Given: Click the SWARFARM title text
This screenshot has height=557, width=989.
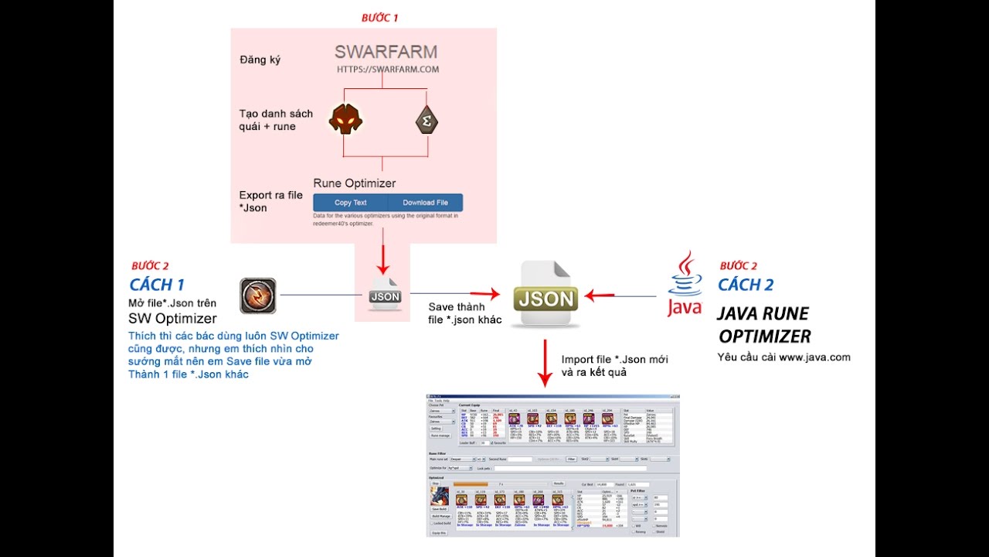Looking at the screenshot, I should [x=386, y=53].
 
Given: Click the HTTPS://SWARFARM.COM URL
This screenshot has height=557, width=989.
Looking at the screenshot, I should [x=387, y=70].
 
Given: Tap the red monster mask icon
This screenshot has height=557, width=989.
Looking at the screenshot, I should [x=345, y=119].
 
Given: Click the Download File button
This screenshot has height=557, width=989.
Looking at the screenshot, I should [x=425, y=203].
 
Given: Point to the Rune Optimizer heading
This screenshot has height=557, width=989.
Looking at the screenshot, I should [x=354, y=183].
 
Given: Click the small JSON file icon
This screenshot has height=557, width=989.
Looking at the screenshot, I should [x=385, y=293].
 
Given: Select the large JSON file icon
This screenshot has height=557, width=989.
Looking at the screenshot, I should [x=546, y=295].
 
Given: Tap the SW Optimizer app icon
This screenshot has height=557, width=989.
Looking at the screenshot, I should [x=258, y=296].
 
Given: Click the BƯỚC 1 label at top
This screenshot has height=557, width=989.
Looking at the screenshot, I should [x=380, y=17].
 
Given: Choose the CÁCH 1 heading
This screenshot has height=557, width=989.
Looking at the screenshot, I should [x=158, y=284].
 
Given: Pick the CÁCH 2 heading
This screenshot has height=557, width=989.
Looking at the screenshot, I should [x=746, y=285].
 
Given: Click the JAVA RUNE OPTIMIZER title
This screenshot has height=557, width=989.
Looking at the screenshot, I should [x=764, y=325].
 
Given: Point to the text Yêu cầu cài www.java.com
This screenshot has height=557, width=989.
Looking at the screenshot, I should [x=783, y=357].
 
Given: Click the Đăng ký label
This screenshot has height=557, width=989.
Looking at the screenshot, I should [x=260, y=60].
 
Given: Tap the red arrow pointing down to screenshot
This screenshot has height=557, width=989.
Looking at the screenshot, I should [x=545, y=363].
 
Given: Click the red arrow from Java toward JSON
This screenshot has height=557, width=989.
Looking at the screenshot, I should [x=600, y=295].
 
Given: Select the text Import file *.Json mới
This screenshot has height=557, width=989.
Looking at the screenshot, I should [x=614, y=360].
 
